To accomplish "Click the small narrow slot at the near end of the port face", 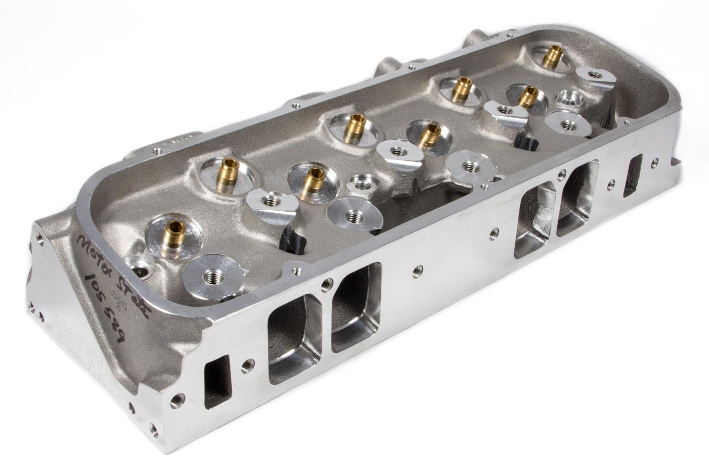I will click(x=217, y=381).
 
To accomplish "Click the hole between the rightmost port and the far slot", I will click(x=611, y=184).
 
